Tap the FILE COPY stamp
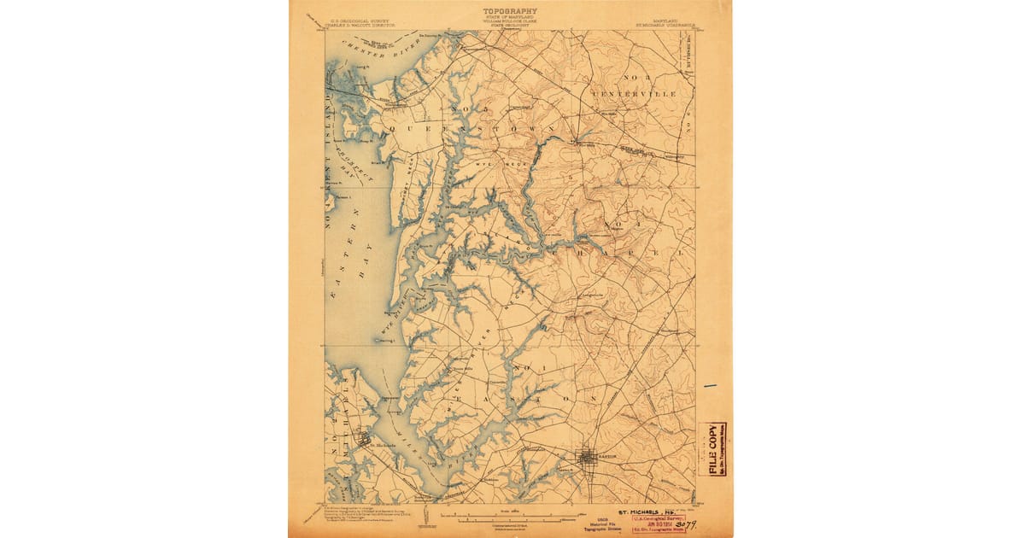point(712,449)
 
